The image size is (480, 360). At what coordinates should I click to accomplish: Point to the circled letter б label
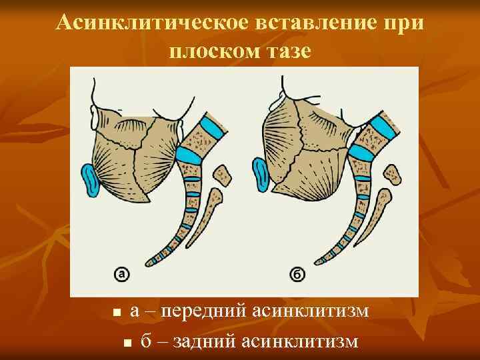297,273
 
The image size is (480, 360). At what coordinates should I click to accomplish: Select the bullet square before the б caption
127,343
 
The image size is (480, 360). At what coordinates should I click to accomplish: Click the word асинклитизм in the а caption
309,311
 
